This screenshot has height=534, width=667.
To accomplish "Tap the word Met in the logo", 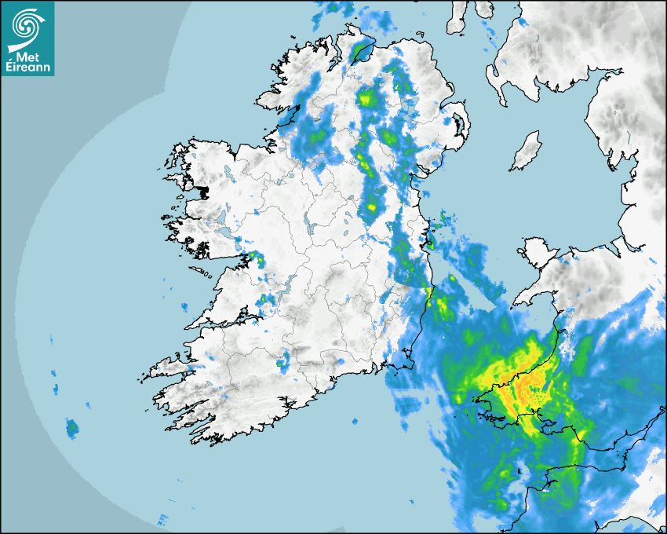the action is [27, 57].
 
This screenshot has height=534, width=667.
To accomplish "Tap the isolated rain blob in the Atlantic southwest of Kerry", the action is [72, 429].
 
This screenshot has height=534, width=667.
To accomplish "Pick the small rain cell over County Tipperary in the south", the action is [283, 363].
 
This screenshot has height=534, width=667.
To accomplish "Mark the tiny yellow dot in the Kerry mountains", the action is [233, 390].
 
